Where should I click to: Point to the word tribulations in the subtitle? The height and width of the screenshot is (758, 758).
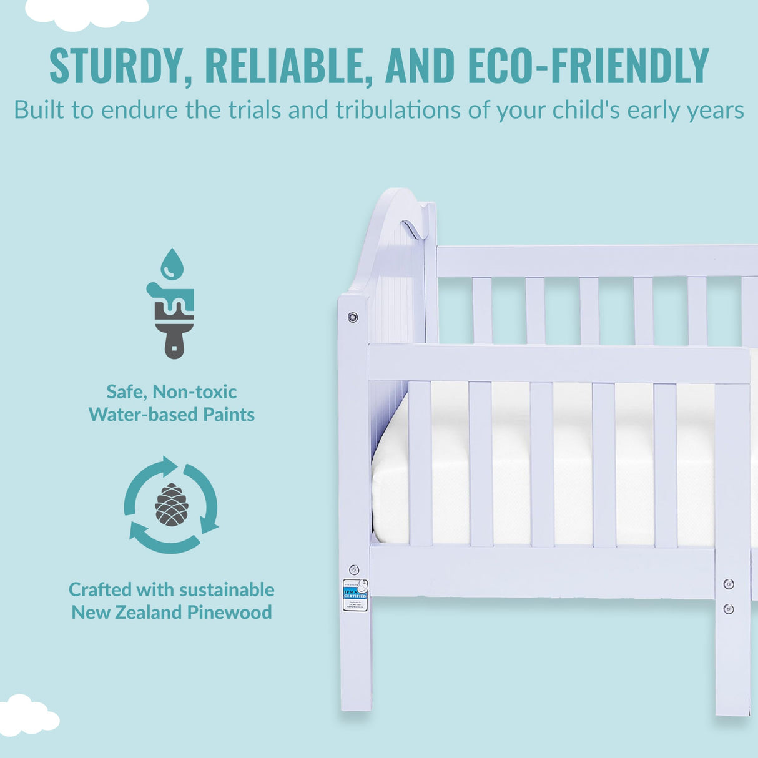[399, 110]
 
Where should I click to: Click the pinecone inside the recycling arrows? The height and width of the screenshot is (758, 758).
[171, 505]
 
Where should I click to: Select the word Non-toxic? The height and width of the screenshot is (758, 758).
[195, 391]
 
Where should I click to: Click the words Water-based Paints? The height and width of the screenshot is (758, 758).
[172, 415]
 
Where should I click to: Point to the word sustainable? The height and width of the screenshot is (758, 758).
[226, 589]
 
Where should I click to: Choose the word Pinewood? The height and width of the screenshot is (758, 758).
[229, 612]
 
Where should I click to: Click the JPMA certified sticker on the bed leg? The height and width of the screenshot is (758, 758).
[355, 595]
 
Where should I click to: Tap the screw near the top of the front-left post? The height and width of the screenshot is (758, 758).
[353, 317]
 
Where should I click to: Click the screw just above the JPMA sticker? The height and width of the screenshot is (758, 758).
[354, 569]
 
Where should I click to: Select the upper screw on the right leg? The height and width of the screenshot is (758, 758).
[728, 584]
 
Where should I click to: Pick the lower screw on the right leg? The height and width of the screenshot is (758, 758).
[728, 609]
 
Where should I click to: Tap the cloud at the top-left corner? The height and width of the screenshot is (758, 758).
[87, 12]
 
